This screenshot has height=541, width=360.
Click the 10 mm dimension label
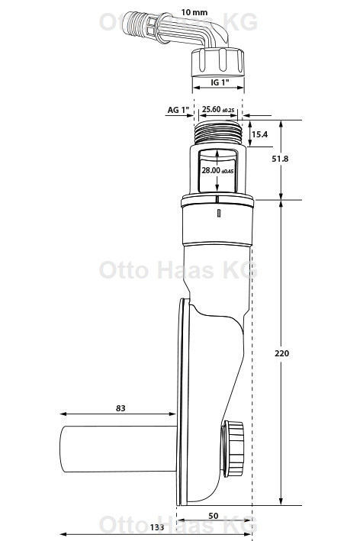[194, 12]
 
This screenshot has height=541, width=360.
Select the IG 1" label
[220, 82]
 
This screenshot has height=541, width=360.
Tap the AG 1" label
[178, 110]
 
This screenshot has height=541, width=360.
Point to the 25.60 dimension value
[211, 109]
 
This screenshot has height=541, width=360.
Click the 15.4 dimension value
[259, 134]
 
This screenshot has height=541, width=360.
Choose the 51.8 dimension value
[280, 159]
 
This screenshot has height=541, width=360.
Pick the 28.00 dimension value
[211, 170]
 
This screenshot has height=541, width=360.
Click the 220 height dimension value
[282, 353]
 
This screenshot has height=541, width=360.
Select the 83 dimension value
[121, 408]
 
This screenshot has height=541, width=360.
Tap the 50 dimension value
[214, 516]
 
